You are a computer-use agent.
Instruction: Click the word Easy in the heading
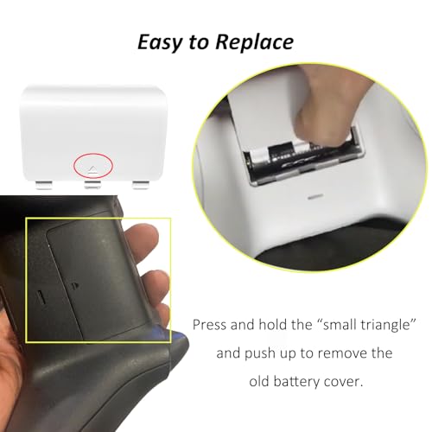pos(160,42)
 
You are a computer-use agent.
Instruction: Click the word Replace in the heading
pos(255,42)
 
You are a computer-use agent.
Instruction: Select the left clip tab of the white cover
pos(44,185)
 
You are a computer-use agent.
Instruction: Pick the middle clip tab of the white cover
pos(92,185)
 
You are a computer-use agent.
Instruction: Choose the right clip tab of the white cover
pos(141,185)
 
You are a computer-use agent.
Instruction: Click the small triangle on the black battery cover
pos(74,286)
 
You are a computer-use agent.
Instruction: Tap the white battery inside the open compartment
pos(259,155)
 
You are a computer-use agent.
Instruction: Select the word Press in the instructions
pos(210,325)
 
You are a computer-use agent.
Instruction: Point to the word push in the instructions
pos(260,354)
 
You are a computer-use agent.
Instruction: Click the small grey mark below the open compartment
pos(315,198)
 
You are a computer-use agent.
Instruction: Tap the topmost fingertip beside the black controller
pos(144,236)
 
